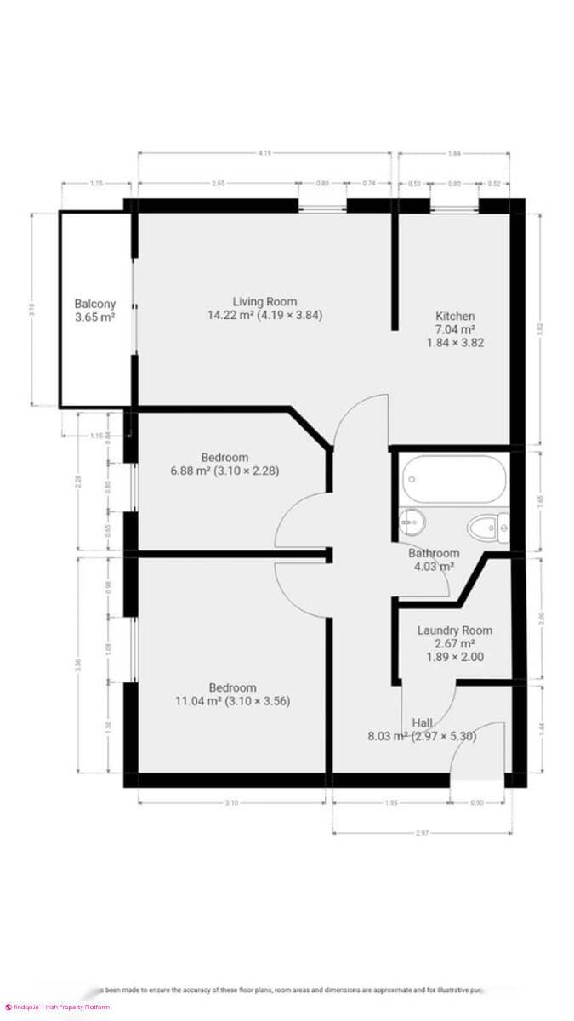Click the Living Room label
(264, 301)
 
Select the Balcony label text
(94, 304)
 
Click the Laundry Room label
(454, 630)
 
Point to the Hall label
(422, 722)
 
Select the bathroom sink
(413, 520)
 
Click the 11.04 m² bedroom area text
(233, 702)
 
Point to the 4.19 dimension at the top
(265, 154)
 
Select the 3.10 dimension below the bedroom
(231, 802)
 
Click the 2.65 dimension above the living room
(219, 183)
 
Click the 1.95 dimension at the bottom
(391, 802)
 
